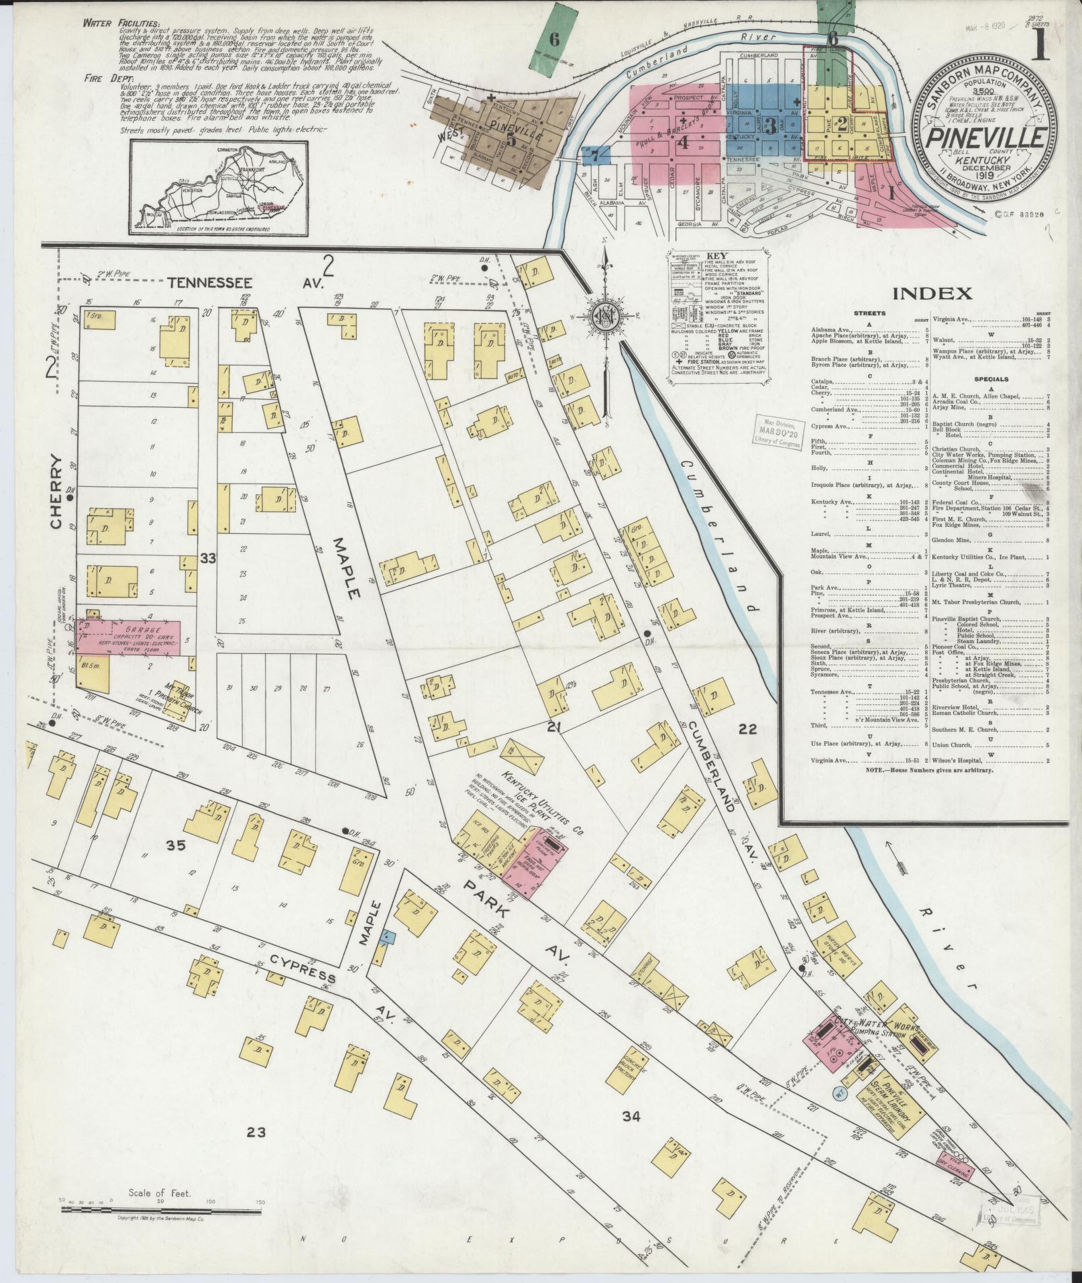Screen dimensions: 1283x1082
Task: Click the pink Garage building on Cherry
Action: click(x=127, y=636)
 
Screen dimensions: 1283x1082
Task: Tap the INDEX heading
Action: click(x=932, y=292)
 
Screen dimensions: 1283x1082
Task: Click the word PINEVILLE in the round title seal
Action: click(x=985, y=137)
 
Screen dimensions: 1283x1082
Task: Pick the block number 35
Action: click(x=176, y=846)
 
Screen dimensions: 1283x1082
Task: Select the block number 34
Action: click(x=631, y=1117)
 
